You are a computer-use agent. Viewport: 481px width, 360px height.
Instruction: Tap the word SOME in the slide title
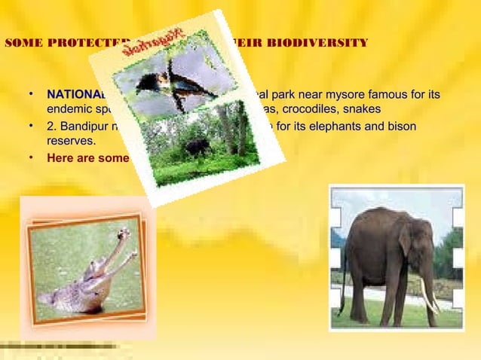point(23,41)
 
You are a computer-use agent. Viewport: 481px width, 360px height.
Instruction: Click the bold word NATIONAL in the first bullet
point(75,95)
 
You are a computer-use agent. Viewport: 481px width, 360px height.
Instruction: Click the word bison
point(400,125)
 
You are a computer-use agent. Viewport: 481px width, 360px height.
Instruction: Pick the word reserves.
point(71,140)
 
